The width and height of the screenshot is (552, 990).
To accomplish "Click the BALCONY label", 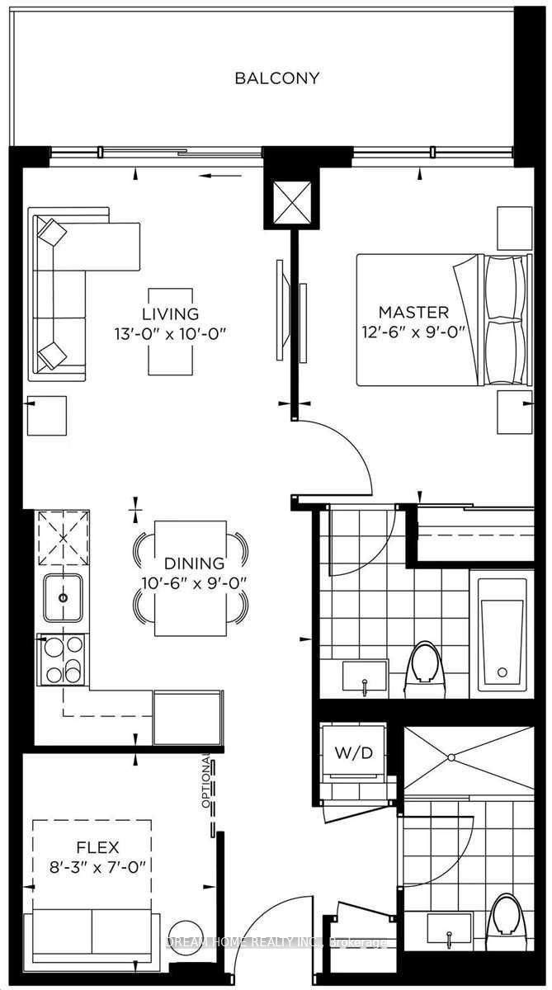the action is coord(276,78).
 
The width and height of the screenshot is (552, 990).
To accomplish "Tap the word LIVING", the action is coord(170,313).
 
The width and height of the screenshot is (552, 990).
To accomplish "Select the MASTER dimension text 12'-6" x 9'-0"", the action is coord(414,332).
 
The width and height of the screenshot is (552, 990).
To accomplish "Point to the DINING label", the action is coord(194,563).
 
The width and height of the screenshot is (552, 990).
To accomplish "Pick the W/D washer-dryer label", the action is coord(354,752).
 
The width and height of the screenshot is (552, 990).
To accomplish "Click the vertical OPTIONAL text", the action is coord(206,782).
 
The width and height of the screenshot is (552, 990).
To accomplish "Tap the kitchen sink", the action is coord(63,597).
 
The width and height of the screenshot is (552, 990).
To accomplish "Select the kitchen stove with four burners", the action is coord(63,660).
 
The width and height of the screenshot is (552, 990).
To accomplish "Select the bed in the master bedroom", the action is coord(444,319).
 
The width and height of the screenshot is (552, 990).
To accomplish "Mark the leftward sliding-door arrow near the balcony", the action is coord(220,176).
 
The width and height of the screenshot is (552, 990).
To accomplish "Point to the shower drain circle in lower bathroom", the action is coord(451,757).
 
